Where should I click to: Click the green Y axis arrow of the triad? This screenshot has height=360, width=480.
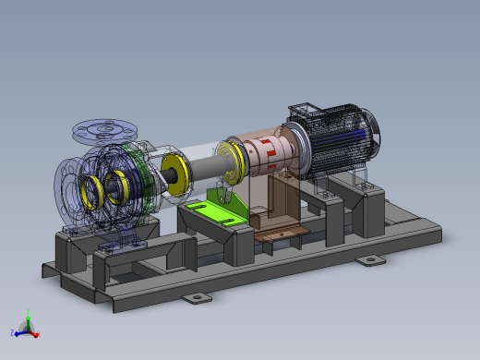29,318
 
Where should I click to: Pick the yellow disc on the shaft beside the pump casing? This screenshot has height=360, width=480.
174,175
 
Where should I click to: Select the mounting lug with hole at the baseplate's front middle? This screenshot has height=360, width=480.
196,298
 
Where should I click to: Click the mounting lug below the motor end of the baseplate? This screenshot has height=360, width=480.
372,261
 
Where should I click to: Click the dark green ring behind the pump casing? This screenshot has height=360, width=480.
139,175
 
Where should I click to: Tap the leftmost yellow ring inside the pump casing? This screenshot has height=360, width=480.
92,190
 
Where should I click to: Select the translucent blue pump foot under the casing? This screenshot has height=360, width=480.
120,243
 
